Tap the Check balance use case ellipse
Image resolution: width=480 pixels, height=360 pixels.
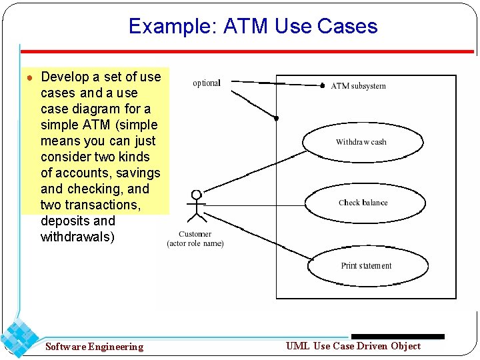pos(363,203)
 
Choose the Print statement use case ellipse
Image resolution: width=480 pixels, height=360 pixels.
pos(366,265)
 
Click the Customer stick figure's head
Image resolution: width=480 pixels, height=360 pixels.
pos(196,195)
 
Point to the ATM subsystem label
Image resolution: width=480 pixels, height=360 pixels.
pos(359,86)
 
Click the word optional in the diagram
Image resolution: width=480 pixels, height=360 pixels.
pos(206,83)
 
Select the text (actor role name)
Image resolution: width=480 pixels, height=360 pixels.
pos(195,243)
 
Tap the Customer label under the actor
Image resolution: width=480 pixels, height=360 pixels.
pos(195,234)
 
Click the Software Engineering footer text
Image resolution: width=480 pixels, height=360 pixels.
pos(94,347)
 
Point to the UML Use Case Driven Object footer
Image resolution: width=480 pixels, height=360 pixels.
pos(353,345)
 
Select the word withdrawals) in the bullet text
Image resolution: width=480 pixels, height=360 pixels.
pos(77,237)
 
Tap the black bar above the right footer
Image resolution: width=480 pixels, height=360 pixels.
pos(397,337)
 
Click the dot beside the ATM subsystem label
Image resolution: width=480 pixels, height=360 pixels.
pos(323,86)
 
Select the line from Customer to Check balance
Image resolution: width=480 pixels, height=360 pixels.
pos(253,203)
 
